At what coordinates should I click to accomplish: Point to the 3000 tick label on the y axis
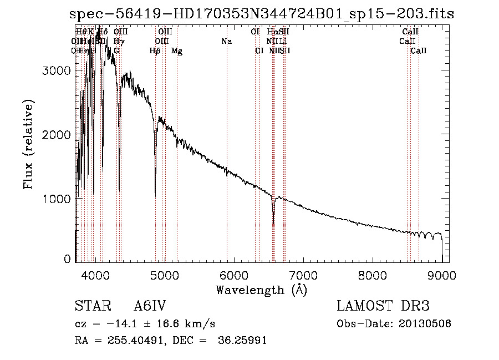click(x=58, y=70)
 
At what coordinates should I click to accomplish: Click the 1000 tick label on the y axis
click(x=58, y=199)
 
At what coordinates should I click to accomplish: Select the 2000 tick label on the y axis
click(x=58, y=135)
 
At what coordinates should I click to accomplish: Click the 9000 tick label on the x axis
click(x=442, y=274)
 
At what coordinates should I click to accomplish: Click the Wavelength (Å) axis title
click(x=261, y=290)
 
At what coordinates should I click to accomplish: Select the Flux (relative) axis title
click(x=28, y=145)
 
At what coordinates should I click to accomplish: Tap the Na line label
click(x=226, y=42)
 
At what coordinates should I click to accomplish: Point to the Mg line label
click(x=177, y=51)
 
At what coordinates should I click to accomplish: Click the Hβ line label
click(x=155, y=51)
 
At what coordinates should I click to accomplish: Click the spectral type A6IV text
click(x=150, y=306)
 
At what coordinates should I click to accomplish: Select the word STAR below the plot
click(x=89, y=306)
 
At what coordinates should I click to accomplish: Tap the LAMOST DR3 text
click(x=383, y=306)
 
